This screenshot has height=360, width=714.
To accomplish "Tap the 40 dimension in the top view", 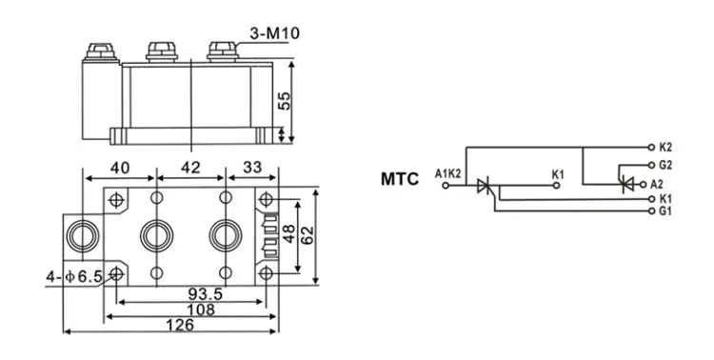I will tap(121, 167).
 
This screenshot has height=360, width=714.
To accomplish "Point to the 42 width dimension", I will tap(190, 167).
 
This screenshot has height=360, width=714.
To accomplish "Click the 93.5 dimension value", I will tap(206, 295).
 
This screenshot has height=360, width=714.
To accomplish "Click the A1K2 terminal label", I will tap(447, 173).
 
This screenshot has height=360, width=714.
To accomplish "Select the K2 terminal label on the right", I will tap(665, 148).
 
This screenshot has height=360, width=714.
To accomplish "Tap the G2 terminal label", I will tap(665, 164).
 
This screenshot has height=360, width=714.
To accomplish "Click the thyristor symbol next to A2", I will tap(626, 183).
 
